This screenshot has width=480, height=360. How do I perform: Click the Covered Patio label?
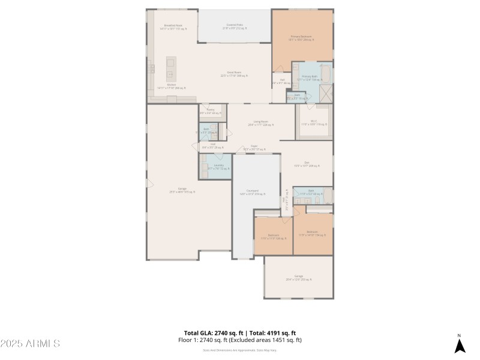235,27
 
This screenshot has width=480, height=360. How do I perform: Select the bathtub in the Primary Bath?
325,73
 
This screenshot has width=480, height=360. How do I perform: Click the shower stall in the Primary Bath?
326,94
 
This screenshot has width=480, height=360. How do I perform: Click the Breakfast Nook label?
172,27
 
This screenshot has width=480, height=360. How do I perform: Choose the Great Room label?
234,74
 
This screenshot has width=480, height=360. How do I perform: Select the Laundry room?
215,166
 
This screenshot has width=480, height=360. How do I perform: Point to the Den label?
306,164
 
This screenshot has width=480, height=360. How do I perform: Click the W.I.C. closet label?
314,123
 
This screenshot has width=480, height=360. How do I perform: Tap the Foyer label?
254,147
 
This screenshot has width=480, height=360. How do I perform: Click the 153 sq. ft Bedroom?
312,233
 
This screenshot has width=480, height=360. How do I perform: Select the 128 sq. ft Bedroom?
273,236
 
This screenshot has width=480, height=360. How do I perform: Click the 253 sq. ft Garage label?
298,278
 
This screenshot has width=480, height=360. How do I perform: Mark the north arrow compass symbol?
459,344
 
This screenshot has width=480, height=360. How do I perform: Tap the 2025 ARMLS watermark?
30,344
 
